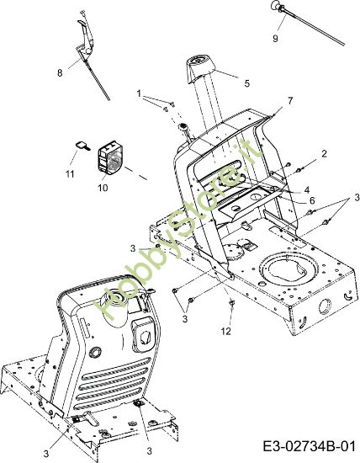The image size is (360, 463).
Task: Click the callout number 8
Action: click(x=60, y=72)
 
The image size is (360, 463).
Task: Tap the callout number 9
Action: click(x=275, y=39)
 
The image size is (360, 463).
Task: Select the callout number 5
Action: click(x=247, y=83)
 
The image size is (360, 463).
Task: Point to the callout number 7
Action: click(x=290, y=101)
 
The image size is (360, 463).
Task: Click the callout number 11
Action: click(x=70, y=174)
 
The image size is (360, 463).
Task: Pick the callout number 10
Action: click(x=103, y=188)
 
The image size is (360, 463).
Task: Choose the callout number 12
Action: click(x=226, y=332)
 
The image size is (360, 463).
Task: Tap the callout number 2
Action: click(x=325, y=154)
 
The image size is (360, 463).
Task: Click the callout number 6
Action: click(x=312, y=200)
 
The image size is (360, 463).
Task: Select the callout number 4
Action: click(x=307, y=190)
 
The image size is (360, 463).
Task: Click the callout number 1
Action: click(x=139, y=94)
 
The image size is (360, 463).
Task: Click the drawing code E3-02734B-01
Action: click(x=310, y=446)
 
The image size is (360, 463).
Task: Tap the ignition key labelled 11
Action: click(x=82, y=146)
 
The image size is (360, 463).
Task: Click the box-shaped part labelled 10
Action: click(x=110, y=159)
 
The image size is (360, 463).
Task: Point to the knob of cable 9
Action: click(x=276, y=5)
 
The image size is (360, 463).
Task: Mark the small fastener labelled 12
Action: click(x=232, y=303)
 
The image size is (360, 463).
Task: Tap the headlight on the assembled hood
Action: click(x=142, y=336)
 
